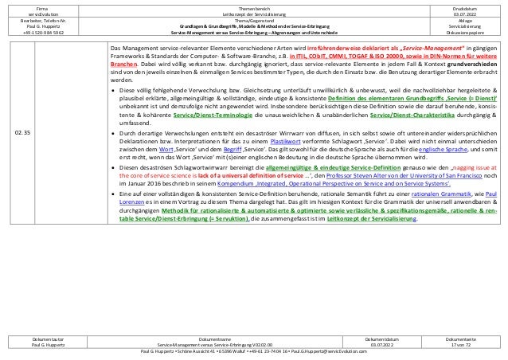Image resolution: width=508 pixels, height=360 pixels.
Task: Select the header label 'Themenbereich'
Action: pos(253,7)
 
